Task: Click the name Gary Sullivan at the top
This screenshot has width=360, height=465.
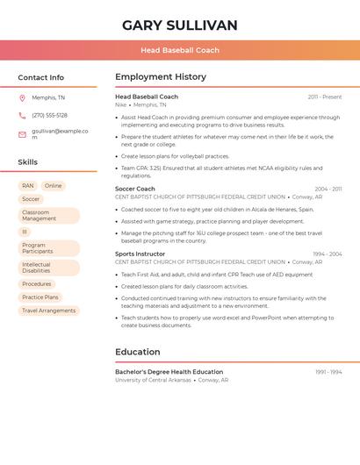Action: [x=180, y=25]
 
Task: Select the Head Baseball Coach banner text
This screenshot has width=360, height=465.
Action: [x=180, y=50]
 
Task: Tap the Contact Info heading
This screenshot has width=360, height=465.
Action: [x=41, y=77]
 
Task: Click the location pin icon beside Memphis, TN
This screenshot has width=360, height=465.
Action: [x=22, y=98]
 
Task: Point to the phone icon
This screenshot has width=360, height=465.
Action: [x=22, y=116]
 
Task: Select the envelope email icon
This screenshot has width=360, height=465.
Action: [x=22, y=134]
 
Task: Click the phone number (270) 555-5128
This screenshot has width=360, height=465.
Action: [x=49, y=116]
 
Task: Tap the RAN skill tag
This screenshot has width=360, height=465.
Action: [x=28, y=186]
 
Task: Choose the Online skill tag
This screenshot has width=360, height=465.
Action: [x=54, y=186]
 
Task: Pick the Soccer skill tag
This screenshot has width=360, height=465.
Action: [x=31, y=199]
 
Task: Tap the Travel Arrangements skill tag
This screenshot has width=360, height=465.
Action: [x=48, y=311]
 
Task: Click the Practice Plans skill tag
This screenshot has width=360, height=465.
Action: [x=40, y=297]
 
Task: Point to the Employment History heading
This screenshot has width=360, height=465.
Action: [x=161, y=77]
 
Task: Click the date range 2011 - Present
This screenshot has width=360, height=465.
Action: [x=325, y=97]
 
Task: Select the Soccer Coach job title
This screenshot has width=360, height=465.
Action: [x=135, y=189]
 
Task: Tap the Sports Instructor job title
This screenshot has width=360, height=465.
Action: [x=140, y=254]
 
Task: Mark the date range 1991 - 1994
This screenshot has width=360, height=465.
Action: [x=328, y=372]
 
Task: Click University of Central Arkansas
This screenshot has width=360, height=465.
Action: [x=153, y=380]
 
